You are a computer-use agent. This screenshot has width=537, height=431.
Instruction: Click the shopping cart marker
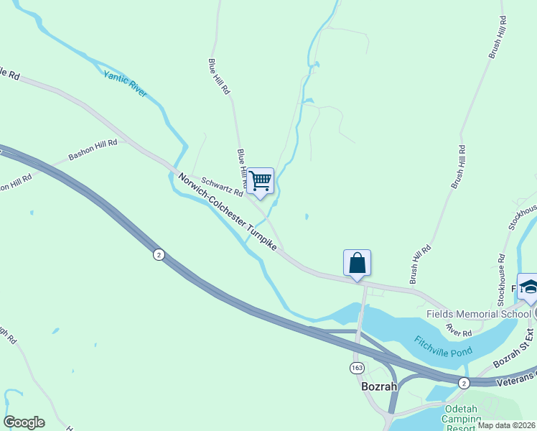click(x=260, y=180)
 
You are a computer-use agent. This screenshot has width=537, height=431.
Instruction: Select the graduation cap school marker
click(x=528, y=287)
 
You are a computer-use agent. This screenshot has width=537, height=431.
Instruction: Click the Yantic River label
click(x=125, y=83)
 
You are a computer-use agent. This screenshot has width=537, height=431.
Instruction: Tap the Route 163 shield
click(x=357, y=368)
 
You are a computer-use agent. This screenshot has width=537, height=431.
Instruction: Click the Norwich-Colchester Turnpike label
click(x=228, y=212)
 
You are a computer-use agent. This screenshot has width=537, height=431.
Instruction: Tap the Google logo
click(x=24, y=422)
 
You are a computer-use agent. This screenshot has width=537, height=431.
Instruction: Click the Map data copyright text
click(x=506, y=425)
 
